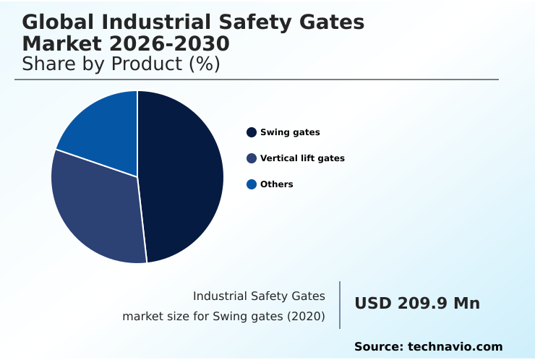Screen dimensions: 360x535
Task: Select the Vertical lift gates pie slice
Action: coord(94,210)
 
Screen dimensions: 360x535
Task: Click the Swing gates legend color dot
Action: coord(252,132)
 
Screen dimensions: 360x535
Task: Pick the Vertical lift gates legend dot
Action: coord(252,158)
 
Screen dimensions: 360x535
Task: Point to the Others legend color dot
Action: coord(252,184)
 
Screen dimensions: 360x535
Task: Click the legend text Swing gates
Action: coord(290,132)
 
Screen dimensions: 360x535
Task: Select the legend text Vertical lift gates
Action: coord(302,158)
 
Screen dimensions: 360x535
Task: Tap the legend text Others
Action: coord(277,184)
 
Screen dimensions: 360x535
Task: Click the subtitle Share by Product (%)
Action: coord(121,64)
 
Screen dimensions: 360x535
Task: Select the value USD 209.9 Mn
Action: coord(417,304)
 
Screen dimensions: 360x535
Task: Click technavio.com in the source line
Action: coord(455,347)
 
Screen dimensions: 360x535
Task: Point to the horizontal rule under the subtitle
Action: coord(257,80)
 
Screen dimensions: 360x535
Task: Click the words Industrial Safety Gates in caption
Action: coord(259,296)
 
